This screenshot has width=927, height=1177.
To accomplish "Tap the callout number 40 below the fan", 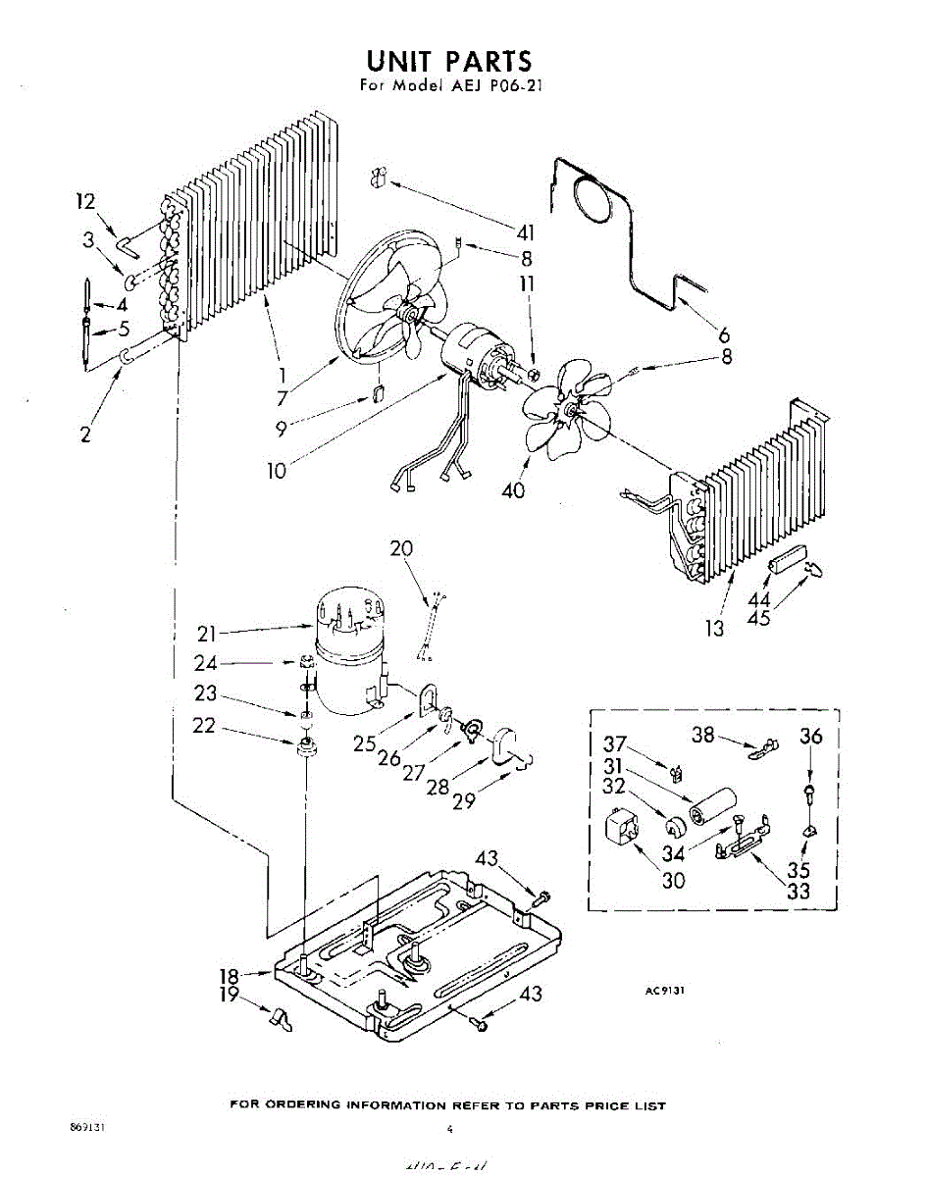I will pos(513,488).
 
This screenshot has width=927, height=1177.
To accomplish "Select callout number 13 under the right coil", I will pos(715,628).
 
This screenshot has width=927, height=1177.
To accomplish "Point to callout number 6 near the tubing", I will pos(724,333).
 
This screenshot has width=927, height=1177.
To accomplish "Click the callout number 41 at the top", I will pos(527,231).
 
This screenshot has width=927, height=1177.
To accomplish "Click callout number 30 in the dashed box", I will pos(673,880).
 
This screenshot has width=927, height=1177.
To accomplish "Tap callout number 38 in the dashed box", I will pos(703,734).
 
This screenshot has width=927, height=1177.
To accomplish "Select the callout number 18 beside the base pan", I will pos(229,976).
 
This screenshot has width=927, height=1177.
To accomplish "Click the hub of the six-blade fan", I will pos(566,413).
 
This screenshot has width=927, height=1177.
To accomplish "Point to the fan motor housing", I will pos(472,354).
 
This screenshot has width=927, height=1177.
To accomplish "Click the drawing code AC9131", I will pos(664,992).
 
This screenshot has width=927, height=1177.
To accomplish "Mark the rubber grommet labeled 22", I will pos(304,747).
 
